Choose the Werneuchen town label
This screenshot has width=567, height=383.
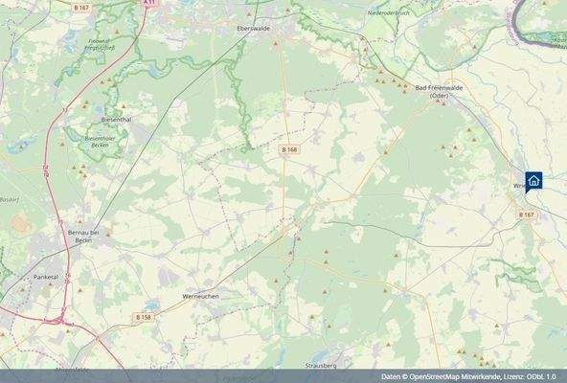(202, 298)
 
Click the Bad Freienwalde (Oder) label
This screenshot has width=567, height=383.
(434, 92)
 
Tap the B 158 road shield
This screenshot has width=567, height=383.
(143, 317)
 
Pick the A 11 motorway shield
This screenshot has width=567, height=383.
(148, 3)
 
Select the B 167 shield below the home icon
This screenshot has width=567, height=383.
(526, 215)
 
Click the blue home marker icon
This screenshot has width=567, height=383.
(533, 180)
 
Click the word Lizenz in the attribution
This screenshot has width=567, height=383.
(511, 375)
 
